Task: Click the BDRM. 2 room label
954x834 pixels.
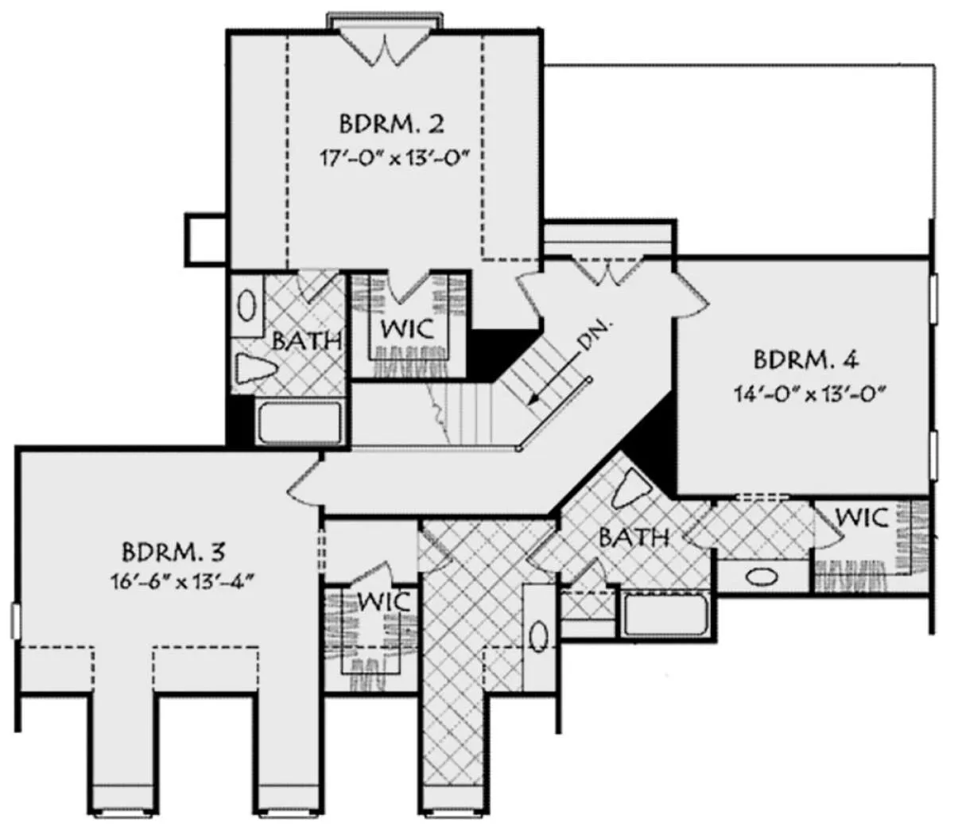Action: tap(391, 124)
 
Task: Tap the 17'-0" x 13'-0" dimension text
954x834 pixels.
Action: tap(393, 158)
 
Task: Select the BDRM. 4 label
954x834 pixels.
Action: tap(805, 360)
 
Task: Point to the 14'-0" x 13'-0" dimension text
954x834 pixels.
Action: tap(810, 394)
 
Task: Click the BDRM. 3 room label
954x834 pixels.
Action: tap(173, 552)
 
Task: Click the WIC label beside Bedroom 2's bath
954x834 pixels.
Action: tap(408, 328)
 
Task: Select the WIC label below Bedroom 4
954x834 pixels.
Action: tap(862, 518)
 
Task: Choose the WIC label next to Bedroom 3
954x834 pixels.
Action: tap(384, 601)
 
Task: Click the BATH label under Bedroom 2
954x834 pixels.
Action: tap(308, 341)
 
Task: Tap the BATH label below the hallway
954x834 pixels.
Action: tap(634, 537)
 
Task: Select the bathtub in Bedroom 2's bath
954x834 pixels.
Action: tap(301, 422)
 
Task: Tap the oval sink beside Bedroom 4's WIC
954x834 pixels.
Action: tap(762, 577)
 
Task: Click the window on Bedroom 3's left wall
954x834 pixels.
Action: tap(15, 622)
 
